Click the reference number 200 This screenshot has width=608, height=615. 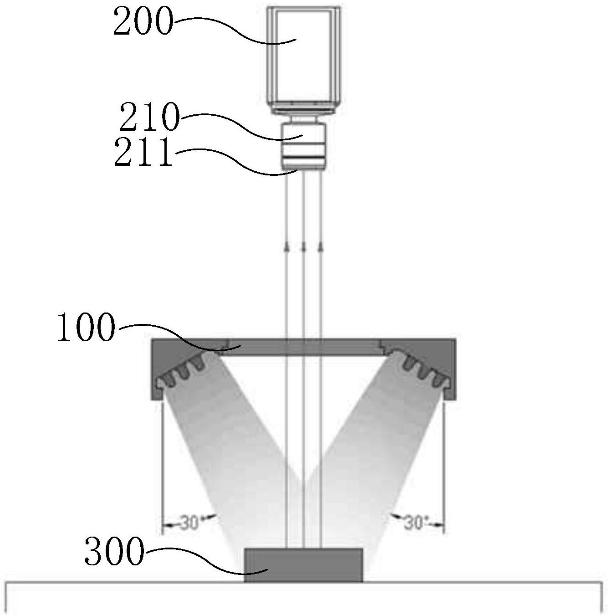pos(143,21)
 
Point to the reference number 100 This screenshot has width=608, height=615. pos(86,327)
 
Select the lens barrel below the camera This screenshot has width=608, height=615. pos(303,147)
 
